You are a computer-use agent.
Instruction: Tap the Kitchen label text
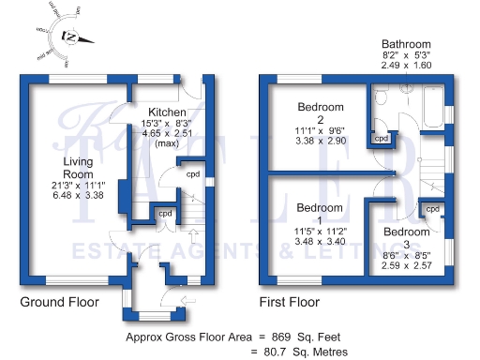coord(159,112)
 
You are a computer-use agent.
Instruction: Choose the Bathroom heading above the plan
coord(406,44)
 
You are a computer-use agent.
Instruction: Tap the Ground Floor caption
coord(59,303)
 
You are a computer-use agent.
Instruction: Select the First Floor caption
coord(289,303)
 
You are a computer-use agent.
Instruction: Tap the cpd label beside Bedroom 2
coord(382,139)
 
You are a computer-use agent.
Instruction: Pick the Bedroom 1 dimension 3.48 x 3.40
coord(321,241)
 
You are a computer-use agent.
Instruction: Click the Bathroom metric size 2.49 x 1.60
coord(406,67)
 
